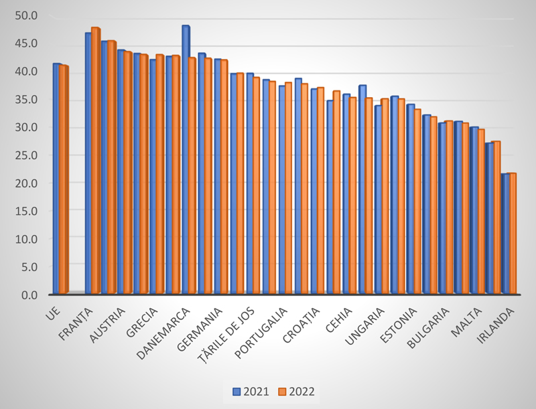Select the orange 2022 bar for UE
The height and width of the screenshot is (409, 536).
tap(64, 179)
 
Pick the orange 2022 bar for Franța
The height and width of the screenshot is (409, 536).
tap(95, 161)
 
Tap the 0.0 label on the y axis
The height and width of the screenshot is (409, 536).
tap(30, 295)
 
